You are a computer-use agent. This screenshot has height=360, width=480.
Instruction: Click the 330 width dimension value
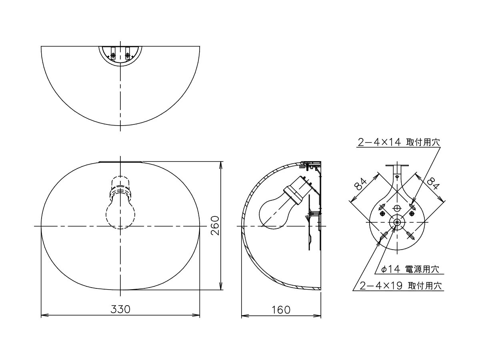pos(120,309)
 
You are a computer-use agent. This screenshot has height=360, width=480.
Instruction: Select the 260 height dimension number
pos(215,225)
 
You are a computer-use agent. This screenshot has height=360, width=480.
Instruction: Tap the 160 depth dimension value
pos(281,310)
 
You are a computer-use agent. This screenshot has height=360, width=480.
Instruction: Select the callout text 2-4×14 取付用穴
pos(399,142)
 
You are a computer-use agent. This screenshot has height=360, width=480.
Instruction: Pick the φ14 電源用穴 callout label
pos(410,269)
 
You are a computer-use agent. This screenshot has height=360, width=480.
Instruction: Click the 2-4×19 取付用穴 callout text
pos(401,286)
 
